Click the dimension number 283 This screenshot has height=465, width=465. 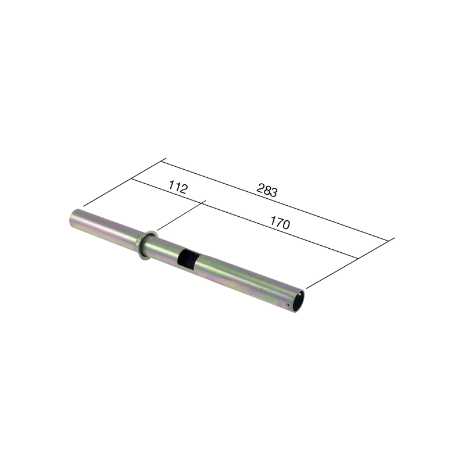(x=267, y=190)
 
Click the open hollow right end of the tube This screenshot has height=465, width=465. (x=298, y=300)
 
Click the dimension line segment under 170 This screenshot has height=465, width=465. (x=279, y=230)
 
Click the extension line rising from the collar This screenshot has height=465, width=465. (x=177, y=216)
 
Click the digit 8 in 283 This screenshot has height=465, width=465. (x=267, y=190)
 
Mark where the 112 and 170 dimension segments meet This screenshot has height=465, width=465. (x=203, y=203)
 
